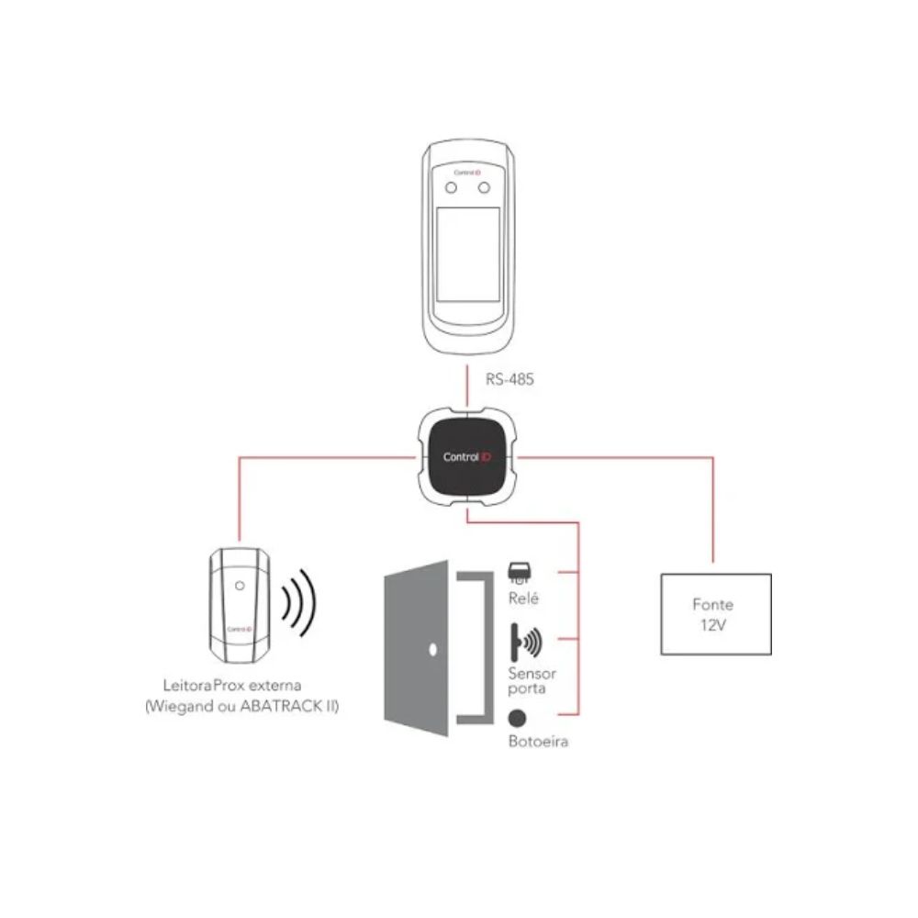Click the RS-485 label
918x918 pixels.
[509, 379]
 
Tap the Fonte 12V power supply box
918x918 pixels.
[716, 614]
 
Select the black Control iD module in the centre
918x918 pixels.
[466, 457]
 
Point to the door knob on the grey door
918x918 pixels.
[432, 649]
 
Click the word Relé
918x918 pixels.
[523, 599]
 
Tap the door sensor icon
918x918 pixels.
[526, 643]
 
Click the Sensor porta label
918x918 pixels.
[532, 681]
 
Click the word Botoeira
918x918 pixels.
[538, 742]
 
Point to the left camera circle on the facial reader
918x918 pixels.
[451, 188]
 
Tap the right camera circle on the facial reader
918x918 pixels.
[484, 188]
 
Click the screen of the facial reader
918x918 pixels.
[468, 254]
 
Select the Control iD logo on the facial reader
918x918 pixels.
[467, 173]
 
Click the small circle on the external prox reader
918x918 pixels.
[240, 586]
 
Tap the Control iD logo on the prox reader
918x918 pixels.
[240, 630]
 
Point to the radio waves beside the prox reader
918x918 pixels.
[298, 602]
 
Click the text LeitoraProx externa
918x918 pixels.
[232, 685]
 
